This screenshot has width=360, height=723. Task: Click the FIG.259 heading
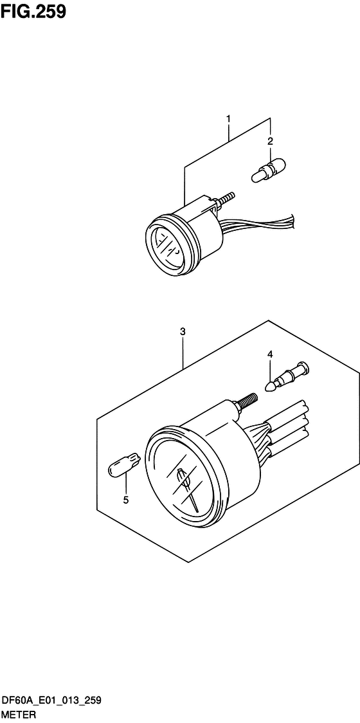pos(33,11)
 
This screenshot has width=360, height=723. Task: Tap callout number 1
pos(228,107)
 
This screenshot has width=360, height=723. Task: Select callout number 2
pos(271,141)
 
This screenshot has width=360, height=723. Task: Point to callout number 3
pos(183,331)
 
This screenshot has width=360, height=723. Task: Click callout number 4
pos(269,354)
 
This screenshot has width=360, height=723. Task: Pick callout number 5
pos(126,500)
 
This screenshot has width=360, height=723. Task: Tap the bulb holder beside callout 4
pos(287,377)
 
